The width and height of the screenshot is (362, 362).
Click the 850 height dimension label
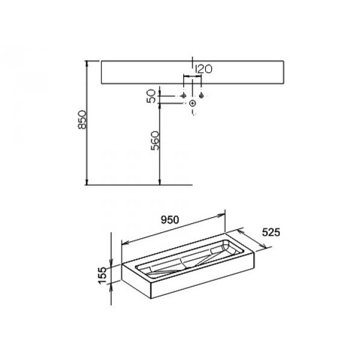(82, 119)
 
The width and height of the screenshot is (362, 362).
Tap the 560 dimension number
(155, 141)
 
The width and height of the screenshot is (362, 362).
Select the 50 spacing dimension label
(151, 96)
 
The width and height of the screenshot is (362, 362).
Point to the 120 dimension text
(203, 69)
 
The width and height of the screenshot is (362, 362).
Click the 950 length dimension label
(170, 220)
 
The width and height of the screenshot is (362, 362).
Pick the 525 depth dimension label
(271, 232)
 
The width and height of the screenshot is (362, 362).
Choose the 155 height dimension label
(103, 276)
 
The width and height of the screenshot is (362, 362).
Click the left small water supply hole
(183, 95)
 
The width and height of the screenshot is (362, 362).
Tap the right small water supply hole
(202, 95)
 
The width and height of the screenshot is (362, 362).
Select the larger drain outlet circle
(192, 103)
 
